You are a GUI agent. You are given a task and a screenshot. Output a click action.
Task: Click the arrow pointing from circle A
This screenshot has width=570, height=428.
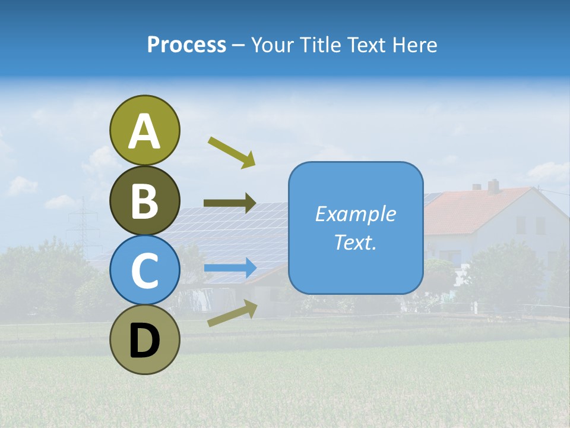(x=232, y=151)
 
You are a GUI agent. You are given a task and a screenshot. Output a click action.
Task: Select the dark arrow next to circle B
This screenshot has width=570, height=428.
(x=230, y=203)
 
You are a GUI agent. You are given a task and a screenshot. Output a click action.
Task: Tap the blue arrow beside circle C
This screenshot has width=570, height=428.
(x=230, y=267)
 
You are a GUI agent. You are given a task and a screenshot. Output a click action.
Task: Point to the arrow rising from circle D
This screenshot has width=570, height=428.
(x=232, y=313)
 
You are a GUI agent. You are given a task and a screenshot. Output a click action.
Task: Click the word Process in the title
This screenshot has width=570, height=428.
(x=186, y=45)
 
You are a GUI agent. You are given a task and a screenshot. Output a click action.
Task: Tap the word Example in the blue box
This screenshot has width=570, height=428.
(x=355, y=214)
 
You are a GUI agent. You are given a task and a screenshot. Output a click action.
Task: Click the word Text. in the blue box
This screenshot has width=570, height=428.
(x=355, y=243)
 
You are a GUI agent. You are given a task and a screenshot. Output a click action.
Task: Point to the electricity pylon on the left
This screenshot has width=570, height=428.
(x=83, y=223)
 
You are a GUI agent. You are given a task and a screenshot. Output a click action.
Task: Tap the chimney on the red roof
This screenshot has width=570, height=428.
(x=493, y=185)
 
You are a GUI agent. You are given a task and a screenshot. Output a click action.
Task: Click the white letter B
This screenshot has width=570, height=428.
(x=144, y=201)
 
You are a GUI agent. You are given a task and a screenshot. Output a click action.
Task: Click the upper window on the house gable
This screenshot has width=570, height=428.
(x=521, y=224)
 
